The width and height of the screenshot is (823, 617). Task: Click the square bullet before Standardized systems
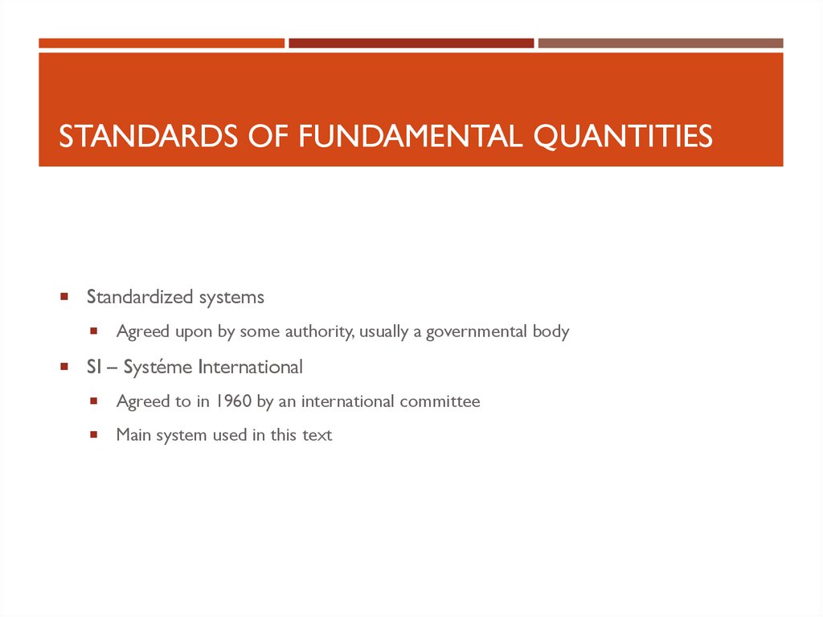tap(63, 297)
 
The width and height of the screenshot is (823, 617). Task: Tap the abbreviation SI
tap(93, 368)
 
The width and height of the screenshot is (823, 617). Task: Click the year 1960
tap(233, 401)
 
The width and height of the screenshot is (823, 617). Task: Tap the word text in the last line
tap(317, 435)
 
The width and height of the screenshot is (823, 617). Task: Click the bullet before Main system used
tap(94, 434)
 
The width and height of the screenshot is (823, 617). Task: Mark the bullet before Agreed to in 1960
tap(94, 400)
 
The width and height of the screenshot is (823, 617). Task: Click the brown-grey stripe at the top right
tap(660, 43)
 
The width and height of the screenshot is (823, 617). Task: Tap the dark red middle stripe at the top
tap(411, 43)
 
